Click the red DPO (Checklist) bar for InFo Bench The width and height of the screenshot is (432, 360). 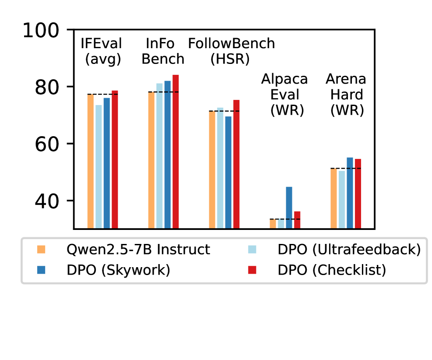click(176, 152)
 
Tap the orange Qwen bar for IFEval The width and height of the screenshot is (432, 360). click(91, 161)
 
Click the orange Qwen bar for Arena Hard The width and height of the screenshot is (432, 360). click(334, 198)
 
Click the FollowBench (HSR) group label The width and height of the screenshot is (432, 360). click(232, 51)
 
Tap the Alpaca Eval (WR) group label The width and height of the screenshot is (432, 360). click(284, 95)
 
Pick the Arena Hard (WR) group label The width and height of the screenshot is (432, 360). click(346, 95)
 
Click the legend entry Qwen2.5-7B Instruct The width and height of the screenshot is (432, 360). click(138, 250)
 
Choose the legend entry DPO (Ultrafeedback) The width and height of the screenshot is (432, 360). click(349, 250)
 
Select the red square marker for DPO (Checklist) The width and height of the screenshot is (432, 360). click(252, 270)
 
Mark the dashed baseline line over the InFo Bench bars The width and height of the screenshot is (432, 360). click(163, 92)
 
